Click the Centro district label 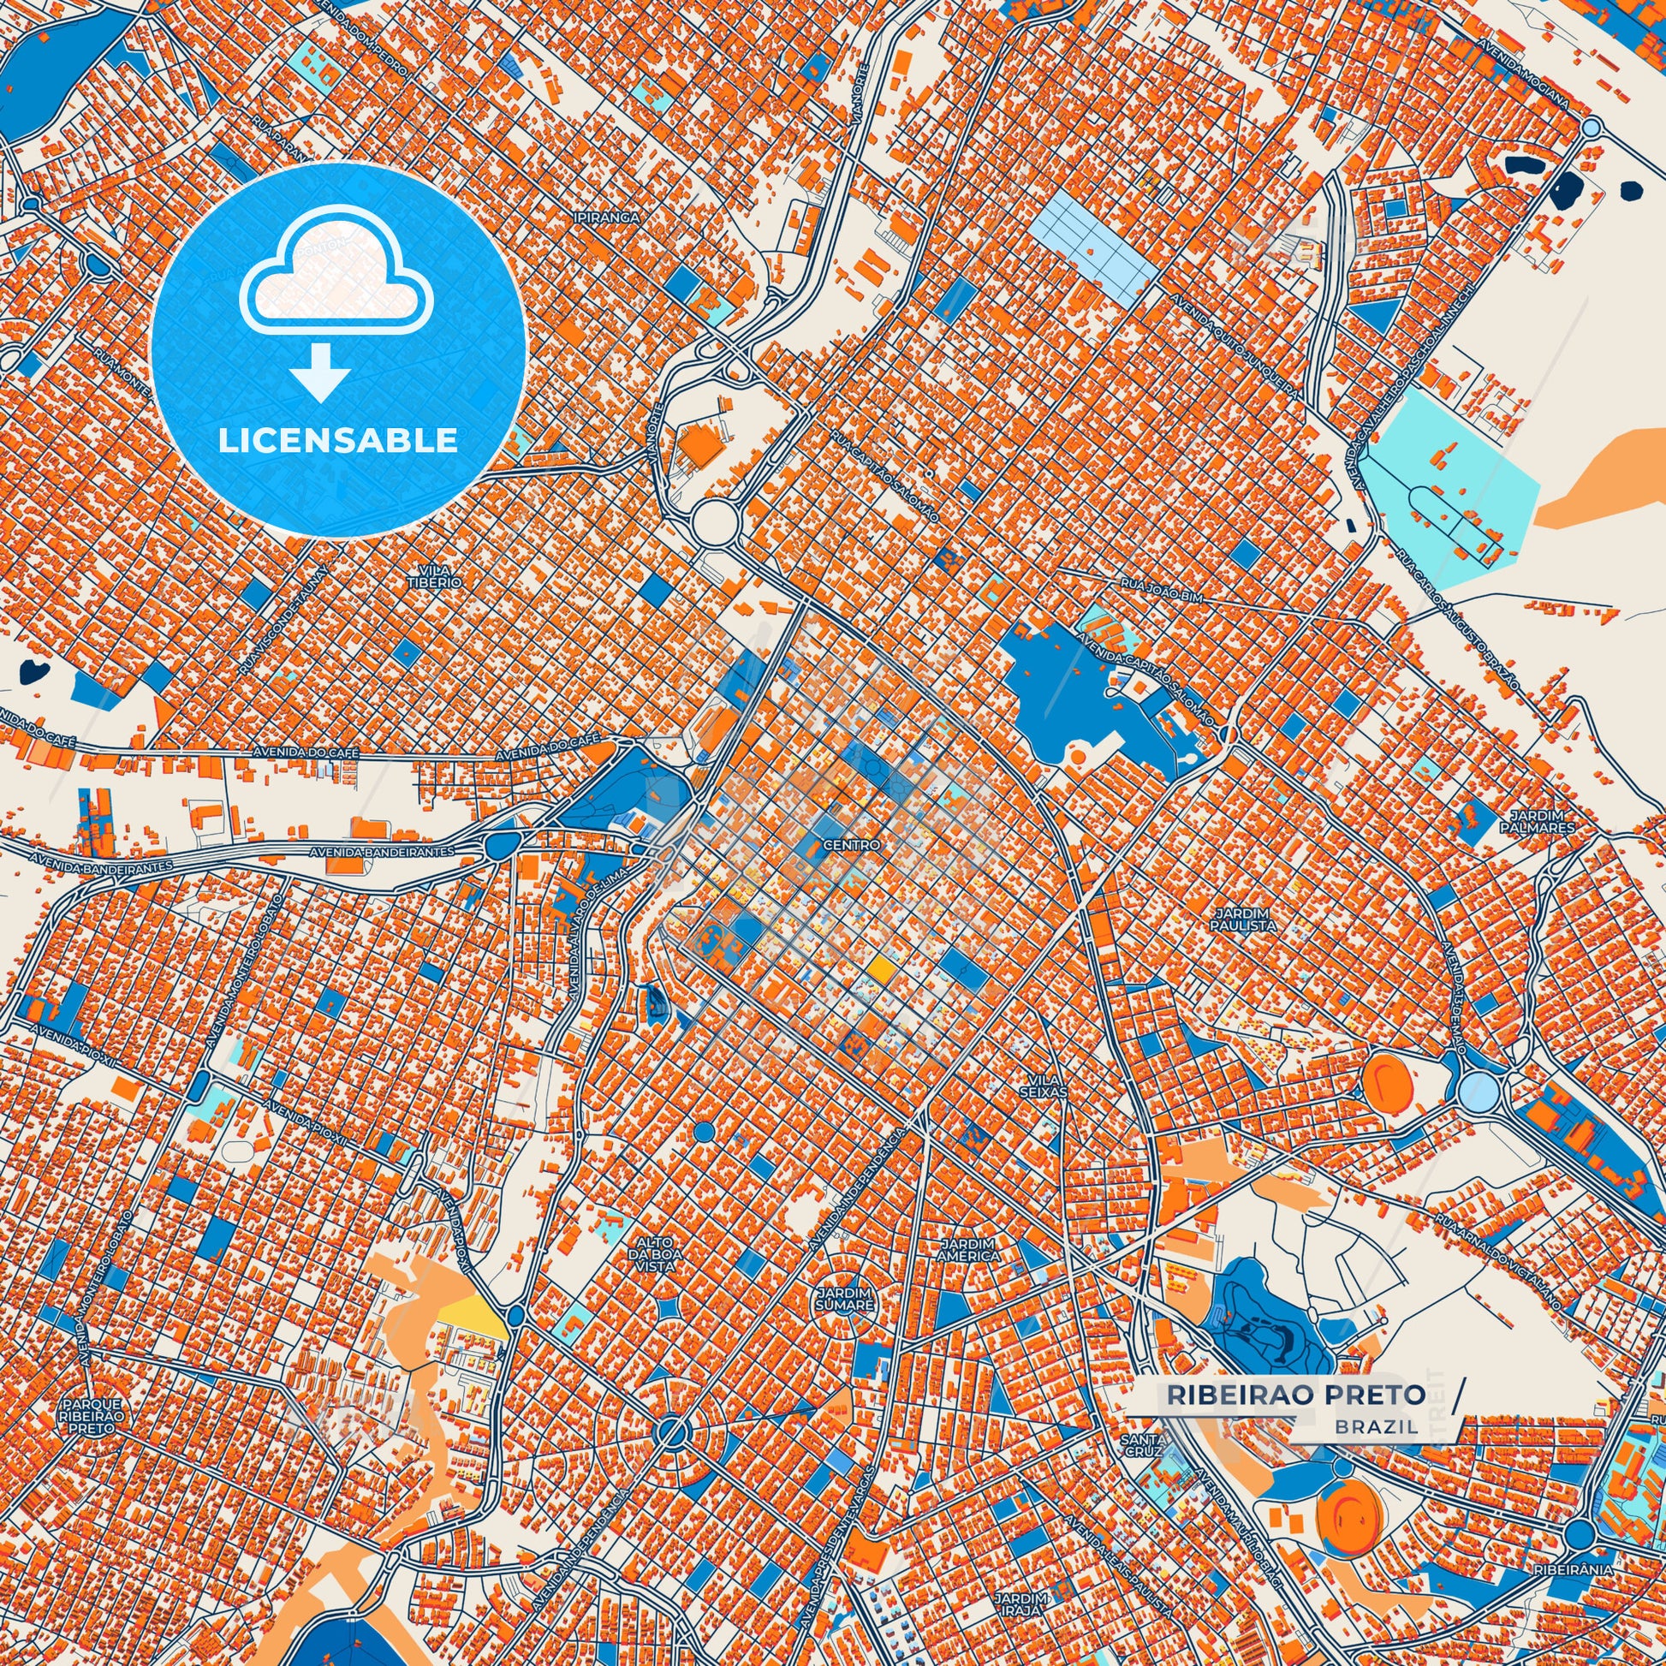point(851,845)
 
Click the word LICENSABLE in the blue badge point(337,441)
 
